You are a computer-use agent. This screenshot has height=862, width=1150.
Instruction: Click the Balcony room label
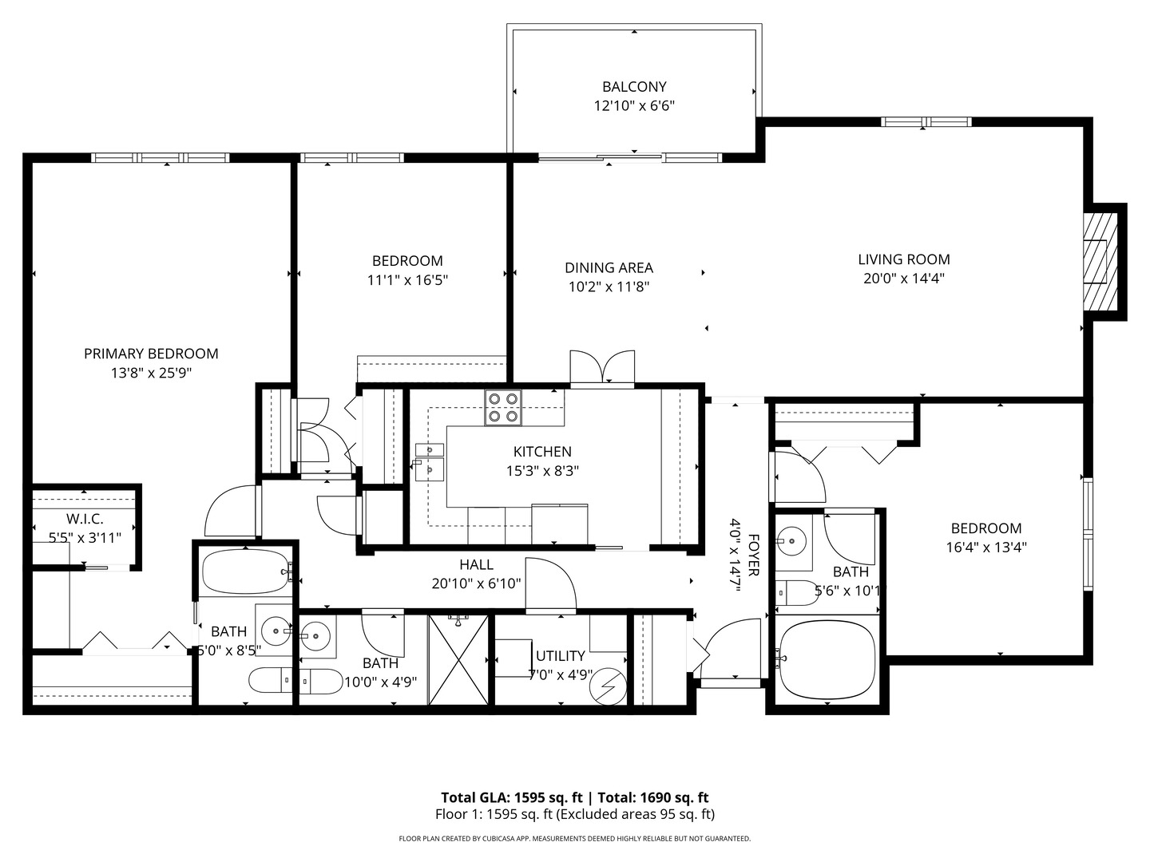634,86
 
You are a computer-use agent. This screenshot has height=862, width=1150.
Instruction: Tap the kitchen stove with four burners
503,407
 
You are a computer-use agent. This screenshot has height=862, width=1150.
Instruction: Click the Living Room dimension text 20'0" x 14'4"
903,279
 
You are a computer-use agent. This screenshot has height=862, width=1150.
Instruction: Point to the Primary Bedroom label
151,354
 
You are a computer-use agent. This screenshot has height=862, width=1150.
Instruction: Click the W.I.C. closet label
85,519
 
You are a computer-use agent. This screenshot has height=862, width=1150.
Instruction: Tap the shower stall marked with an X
458,659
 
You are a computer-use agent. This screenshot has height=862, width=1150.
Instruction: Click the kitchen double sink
429,461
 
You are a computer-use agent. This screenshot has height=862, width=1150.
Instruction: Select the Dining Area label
609,268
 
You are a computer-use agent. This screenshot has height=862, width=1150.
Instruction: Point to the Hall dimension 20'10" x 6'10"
476,583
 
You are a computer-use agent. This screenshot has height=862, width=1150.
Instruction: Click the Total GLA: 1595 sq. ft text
511,797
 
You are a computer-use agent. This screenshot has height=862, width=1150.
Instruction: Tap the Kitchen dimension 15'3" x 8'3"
542,471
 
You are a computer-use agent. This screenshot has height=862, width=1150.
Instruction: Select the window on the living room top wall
926,122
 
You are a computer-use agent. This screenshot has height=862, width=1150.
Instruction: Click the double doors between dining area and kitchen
602,369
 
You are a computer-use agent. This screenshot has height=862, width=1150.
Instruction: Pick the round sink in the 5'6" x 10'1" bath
791,541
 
